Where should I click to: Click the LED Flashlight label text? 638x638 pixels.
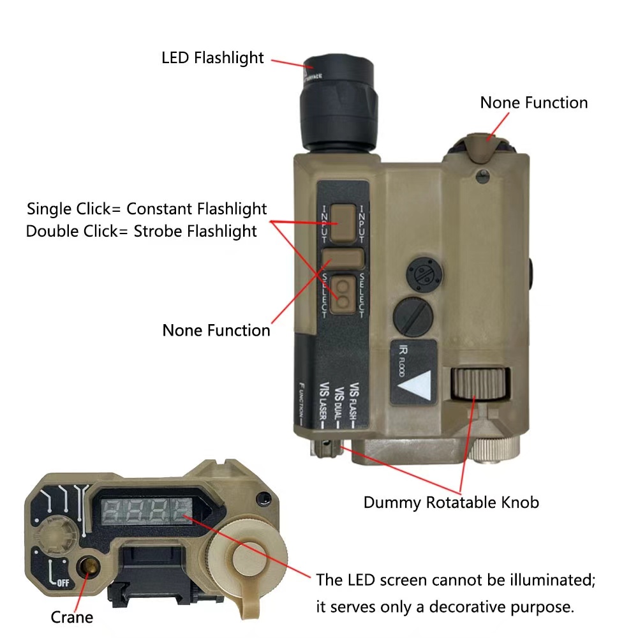click(212, 57)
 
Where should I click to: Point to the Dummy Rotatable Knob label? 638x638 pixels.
click(451, 502)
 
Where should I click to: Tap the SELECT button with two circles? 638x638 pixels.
click(344, 293)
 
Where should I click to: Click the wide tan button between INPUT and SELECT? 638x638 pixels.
click(343, 258)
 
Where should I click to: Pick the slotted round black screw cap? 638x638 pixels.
click(414, 314)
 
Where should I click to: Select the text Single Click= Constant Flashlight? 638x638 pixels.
click(147, 209)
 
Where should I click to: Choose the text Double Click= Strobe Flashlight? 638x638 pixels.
click(142, 230)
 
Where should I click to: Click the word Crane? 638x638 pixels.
click(72, 617)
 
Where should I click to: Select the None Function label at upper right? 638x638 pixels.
click(534, 103)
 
